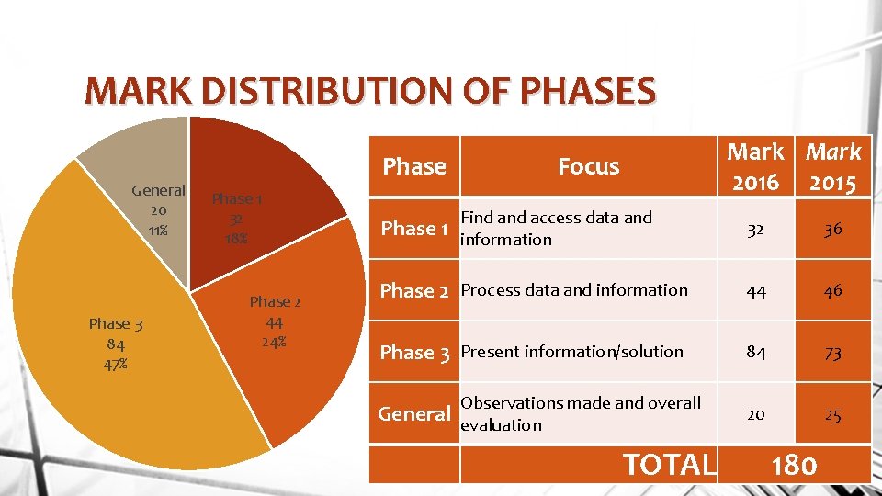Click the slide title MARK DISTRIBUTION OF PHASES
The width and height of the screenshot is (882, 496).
point(369,92)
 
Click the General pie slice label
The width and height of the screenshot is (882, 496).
point(158,210)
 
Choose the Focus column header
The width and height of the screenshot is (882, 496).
point(588,166)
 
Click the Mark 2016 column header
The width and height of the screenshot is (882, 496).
point(756,166)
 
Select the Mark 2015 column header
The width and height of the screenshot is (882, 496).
point(832,166)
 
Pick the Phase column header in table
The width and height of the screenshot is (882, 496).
point(414,166)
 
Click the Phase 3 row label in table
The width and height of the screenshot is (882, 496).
point(414,353)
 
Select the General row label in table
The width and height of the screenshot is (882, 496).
point(414,414)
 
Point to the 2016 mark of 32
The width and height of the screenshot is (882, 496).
point(756,230)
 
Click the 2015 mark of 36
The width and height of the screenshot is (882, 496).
point(832,230)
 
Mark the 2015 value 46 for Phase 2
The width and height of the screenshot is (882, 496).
point(832,291)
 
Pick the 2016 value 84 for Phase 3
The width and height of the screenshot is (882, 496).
point(756,353)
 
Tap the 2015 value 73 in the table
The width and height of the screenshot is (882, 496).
point(832,353)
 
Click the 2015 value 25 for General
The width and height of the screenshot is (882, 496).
point(832,415)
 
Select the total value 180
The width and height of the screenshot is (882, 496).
point(794,465)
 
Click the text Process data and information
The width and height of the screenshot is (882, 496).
point(573,290)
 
